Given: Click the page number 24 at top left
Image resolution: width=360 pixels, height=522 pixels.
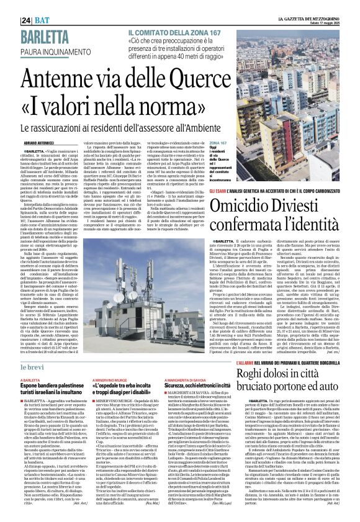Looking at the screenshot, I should coord(10,5).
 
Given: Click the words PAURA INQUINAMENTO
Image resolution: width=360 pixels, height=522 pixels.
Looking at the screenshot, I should coord(37,30).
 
